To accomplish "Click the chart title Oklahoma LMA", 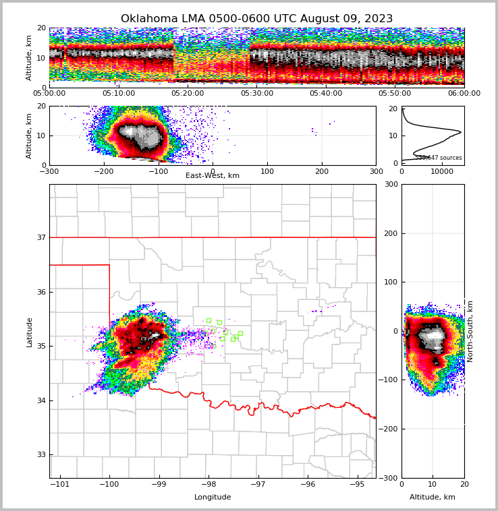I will click(256, 19).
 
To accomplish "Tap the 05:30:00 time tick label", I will click(256, 94).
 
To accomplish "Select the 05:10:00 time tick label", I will click(119, 94).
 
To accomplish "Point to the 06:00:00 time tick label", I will click(464, 94).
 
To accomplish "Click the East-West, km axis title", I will click(213, 176).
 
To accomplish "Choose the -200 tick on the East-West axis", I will click(103, 171).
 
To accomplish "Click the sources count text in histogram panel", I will click(439, 158).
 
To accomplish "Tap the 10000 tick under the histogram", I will click(442, 171).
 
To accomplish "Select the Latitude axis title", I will click(30, 332).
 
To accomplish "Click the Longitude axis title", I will click(213, 498).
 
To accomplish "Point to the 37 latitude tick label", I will click(40, 237).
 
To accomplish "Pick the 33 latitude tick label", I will click(40, 454).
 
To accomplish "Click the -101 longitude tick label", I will click(60, 484).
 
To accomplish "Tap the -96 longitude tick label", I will click(308, 484).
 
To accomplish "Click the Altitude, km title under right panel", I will click(433, 498).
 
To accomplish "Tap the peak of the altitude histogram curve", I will click(460, 131).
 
